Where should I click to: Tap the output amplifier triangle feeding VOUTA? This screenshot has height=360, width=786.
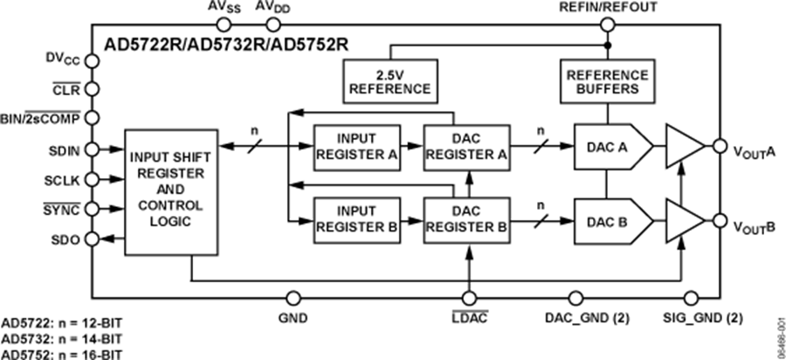click(684, 146)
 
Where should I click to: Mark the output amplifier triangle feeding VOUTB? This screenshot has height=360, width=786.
click(684, 220)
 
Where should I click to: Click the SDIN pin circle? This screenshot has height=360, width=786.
click(90, 150)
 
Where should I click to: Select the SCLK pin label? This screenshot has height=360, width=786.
click(63, 180)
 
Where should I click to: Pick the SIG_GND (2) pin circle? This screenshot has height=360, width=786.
click(692, 298)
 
